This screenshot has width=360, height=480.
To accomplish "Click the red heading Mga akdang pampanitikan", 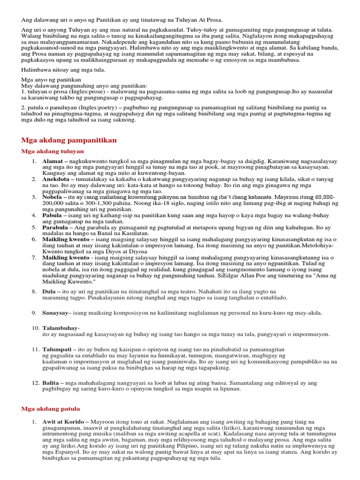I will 69,140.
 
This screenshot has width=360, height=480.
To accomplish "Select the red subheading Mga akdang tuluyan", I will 52,151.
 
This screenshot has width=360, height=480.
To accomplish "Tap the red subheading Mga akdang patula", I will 51,409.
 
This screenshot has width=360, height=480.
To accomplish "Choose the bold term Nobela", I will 53,197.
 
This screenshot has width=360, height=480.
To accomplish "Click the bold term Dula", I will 50,292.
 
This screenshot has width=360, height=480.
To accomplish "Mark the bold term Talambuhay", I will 60,328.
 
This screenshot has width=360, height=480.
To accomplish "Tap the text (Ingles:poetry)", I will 91,108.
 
